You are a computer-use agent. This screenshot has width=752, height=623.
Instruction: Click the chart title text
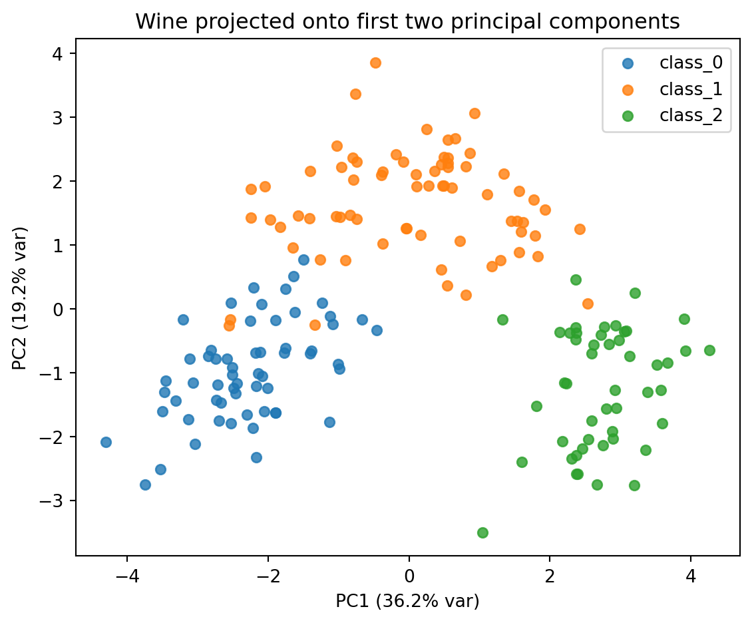click(407, 22)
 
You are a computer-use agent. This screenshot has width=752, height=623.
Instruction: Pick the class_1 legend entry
click(690, 89)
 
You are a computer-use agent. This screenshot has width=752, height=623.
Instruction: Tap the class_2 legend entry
click(690, 115)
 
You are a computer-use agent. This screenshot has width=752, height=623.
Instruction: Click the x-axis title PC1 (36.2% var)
click(407, 601)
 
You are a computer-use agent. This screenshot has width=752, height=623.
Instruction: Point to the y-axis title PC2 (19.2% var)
click(21, 297)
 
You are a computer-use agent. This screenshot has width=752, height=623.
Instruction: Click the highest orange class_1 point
click(375, 63)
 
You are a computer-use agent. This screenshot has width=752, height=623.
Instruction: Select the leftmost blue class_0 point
click(106, 442)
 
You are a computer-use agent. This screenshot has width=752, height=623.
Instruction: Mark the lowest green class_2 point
click(482, 532)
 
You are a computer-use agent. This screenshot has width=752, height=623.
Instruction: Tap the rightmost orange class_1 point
click(588, 304)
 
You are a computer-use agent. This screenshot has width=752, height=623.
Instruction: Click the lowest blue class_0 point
click(145, 485)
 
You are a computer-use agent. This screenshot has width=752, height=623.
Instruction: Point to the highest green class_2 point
click(576, 280)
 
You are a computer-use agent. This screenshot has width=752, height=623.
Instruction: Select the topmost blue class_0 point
click(303, 260)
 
